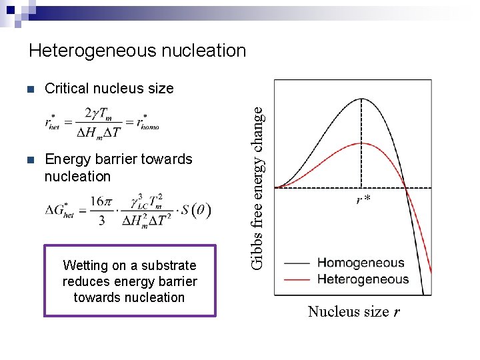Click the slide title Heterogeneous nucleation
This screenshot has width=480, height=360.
coord(137,51)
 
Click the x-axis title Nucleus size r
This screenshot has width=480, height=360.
coord(353,311)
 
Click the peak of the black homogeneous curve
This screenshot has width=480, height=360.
coord(361,99)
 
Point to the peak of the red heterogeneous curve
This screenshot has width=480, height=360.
coord(361,143)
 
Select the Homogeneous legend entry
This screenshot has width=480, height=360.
coord(361,263)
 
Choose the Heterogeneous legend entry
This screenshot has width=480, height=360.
coord(363,279)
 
